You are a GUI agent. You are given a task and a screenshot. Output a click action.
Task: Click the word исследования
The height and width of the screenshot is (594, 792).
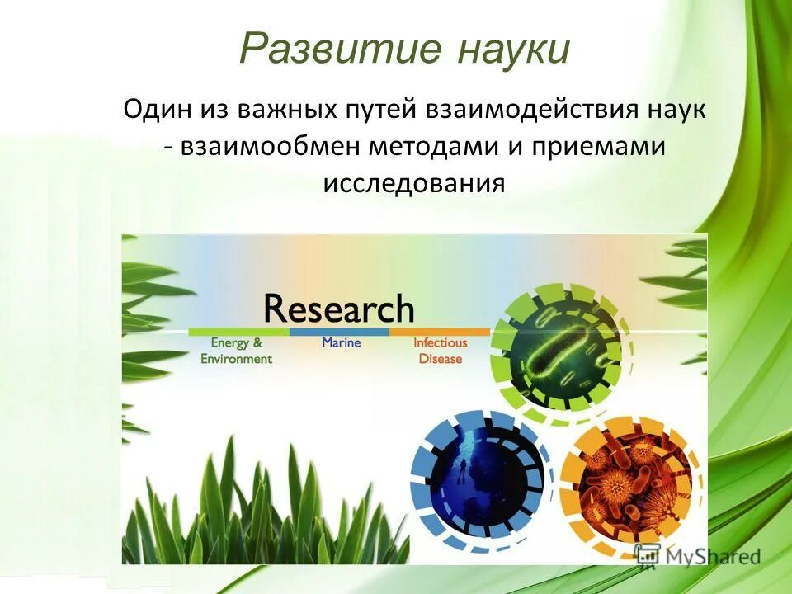tap(413, 183)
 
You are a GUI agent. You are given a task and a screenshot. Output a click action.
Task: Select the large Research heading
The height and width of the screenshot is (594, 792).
tap(338, 309)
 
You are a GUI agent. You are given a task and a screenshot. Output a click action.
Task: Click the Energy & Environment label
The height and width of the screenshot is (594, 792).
tap(236, 351)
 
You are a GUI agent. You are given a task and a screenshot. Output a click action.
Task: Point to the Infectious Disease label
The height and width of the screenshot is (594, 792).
tap(440, 351)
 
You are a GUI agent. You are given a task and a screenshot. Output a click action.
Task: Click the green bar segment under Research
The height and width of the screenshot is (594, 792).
tap(238, 332)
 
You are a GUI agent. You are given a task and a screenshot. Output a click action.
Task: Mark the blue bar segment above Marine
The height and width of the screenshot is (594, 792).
tap(339, 332)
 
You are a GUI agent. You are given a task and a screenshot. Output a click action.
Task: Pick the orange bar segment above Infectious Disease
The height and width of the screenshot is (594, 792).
tap(439, 332)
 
